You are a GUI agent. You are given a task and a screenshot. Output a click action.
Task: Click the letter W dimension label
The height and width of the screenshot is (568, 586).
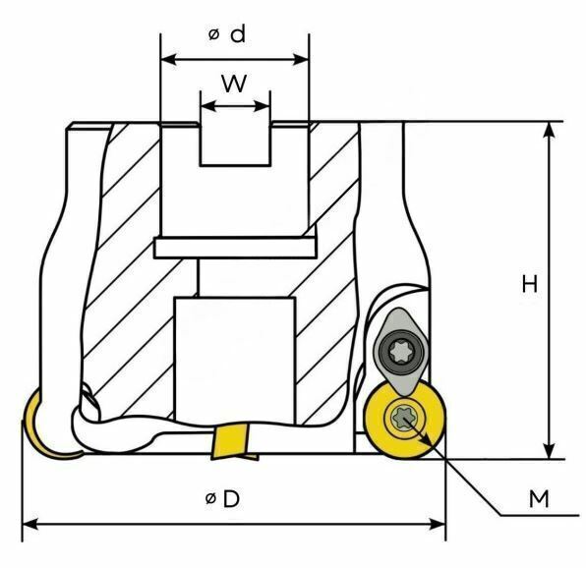(x=234, y=83)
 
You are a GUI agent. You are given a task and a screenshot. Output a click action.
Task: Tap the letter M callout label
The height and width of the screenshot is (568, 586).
(x=539, y=498)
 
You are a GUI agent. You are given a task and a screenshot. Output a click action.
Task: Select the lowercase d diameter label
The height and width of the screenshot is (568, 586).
(x=238, y=34)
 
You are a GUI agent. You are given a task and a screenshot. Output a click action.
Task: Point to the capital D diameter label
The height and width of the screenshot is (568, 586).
(x=231, y=498)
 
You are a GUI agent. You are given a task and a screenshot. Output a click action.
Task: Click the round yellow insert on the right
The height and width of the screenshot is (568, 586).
(x=405, y=421)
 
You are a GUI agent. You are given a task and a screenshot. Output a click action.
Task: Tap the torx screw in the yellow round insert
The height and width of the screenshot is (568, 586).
(x=402, y=418)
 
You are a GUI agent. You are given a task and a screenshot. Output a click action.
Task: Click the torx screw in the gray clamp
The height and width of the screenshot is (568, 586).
(x=400, y=352)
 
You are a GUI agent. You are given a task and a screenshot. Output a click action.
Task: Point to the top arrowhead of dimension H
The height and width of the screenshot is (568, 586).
(x=549, y=130)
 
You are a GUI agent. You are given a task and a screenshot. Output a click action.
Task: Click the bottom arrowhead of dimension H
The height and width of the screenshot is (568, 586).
(x=549, y=450)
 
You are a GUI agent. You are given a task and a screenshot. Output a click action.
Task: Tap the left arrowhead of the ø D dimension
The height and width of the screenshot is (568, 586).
(x=30, y=524)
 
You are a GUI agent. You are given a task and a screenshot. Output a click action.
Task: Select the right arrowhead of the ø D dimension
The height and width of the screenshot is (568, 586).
(x=438, y=524)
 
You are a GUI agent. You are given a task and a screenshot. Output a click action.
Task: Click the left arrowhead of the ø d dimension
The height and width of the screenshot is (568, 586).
(x=168, y=59)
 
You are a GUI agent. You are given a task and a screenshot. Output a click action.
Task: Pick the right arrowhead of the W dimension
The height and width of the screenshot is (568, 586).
(x=262, y=106)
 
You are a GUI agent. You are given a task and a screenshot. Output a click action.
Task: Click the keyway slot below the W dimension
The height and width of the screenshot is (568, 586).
(x=235, y=143)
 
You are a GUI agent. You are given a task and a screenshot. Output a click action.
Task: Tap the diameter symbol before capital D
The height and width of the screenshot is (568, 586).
(x=210, y=498)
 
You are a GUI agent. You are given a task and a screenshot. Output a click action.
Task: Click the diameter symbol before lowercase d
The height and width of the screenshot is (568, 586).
(x=213, y=34)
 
